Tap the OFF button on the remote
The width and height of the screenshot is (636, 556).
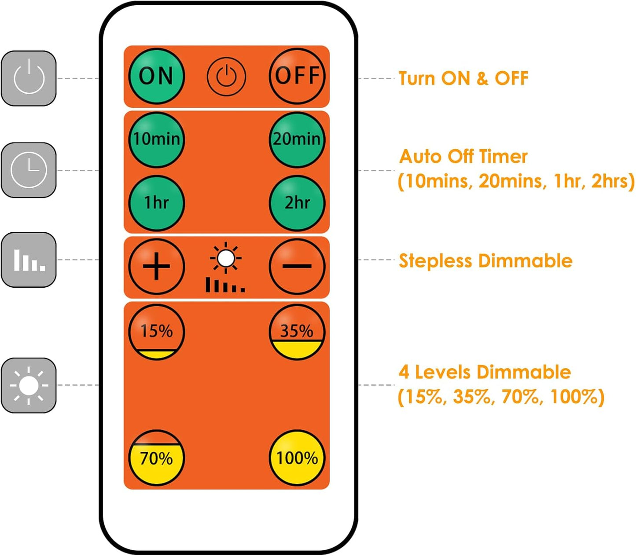pyautogui.click(x=297, y=76)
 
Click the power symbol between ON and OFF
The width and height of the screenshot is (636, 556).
pyautogui.click(x=226, y=77)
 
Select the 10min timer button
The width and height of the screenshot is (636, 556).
pyautogui.click(x=157, y=140)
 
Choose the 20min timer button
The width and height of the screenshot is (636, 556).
pyautogui.click(x=297, y=140)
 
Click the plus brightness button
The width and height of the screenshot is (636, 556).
pyautogui.click(x=157, y=266)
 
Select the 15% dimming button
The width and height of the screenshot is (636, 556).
pyautogui.click(x=157, y=332)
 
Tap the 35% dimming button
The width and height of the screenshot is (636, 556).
pyautogui.click(x=297, y=332)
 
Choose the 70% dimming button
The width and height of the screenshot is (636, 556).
pyautogui.click(x=157, y=458)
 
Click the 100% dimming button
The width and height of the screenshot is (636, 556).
pyautogui.click(x=297, y=458)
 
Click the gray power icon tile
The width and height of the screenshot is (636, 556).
pyautogui.click(x=29, y=78)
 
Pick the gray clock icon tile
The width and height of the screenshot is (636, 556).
pyautogui.click(x=29, y=170)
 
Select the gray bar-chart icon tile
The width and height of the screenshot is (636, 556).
pyautogui.click(x=29, y=260)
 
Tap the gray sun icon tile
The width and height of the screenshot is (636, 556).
pyautogui.click(x=29, y=385)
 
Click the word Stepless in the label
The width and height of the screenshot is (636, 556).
pyautogui.click(x=435, y=260)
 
